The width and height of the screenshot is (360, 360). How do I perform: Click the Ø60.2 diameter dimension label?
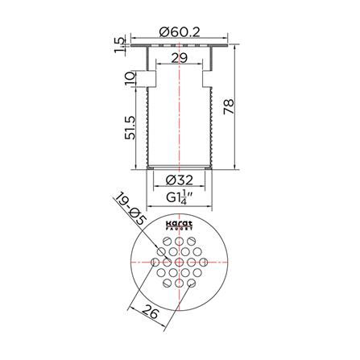click(180, 33)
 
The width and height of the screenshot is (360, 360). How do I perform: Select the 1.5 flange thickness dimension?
click(119, 45)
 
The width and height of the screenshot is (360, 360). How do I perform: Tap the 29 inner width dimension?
click(180, 58)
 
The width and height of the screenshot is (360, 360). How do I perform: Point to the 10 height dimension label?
click(130, 78)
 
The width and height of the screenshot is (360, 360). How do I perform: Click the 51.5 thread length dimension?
click(130, 128)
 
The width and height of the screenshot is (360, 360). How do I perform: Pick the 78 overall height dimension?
click(229, 106)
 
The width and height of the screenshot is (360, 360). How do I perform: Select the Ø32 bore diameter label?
click(179, 180)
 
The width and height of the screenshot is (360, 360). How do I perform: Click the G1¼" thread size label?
click(180, 197)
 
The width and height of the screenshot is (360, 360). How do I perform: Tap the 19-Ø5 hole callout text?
click(130, 209)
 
